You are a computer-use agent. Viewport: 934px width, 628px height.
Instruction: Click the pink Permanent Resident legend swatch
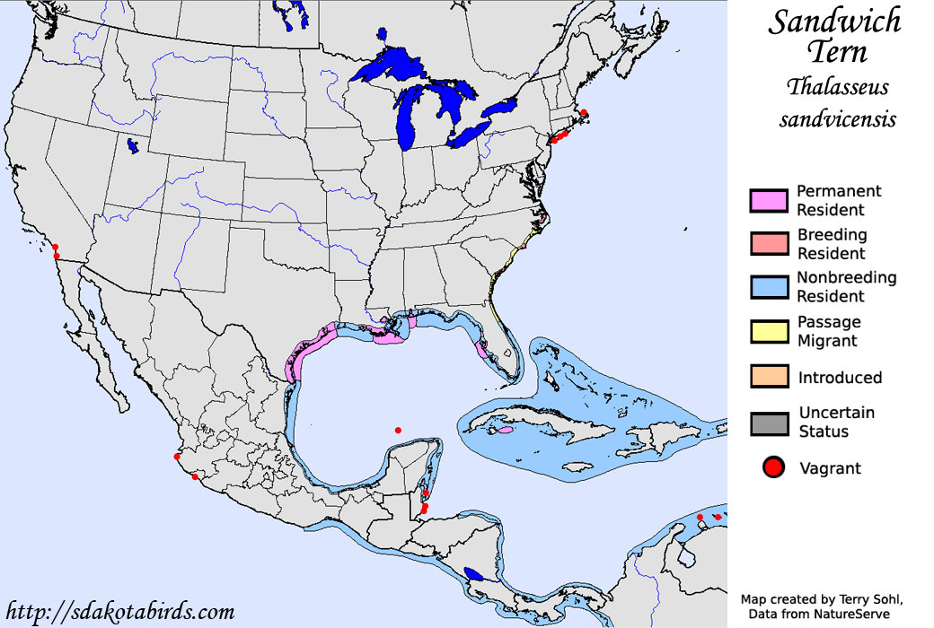tap(768, 201)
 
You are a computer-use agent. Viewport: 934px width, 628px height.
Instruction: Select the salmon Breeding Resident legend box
tap(768, 244)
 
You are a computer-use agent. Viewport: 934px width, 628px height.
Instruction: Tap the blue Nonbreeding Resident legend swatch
tap(768, 287)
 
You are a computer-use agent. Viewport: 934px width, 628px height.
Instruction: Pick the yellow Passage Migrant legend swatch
tap(768, 331)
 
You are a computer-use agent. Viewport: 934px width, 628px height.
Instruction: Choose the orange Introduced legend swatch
tap(768, 377)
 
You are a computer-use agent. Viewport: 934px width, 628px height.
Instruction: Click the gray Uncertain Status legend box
tap(768, 423)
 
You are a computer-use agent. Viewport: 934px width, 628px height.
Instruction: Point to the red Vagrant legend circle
tap(773, 467)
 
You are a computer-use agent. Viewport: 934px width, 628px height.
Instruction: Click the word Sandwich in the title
tap(833, 22)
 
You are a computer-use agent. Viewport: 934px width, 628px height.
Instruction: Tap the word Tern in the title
tap(835, 51)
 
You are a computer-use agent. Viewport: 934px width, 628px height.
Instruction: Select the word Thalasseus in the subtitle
tap(837, 87)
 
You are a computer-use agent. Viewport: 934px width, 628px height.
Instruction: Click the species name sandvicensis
tap(837, 118)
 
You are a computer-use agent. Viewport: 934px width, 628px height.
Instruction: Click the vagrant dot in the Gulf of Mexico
tap(398, 430)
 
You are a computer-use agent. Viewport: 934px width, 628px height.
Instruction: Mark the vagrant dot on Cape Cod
tap(584, 113)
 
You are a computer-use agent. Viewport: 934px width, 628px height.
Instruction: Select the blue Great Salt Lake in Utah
tap(133, 144)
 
